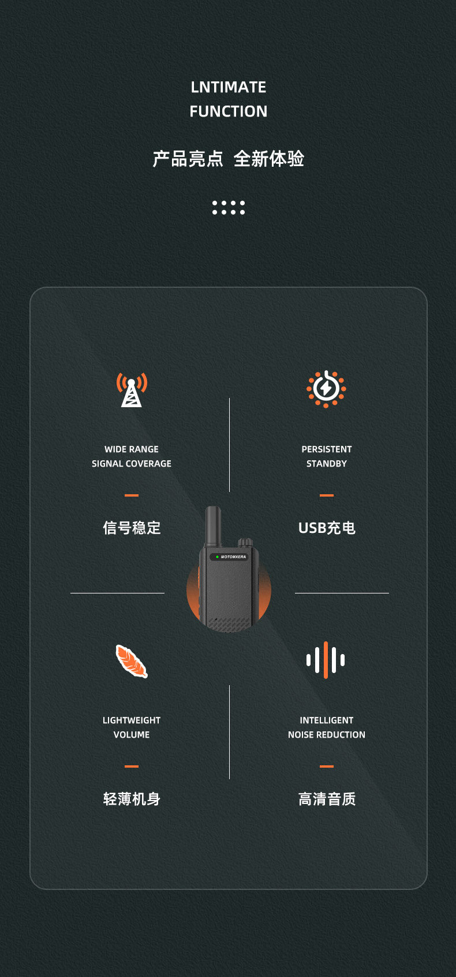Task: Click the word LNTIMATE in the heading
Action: pyautogui.click(x=228, y=87)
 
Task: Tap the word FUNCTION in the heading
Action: pyautogui.click(x=228, y=111)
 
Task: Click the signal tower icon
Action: pyautogui.click(x=132, y=389)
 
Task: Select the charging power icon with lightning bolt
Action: pyautogui.click(x=326, y=389)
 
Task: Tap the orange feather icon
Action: pyautogui.click(x=132, y=661)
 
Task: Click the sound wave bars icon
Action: pyautogui.click(x=326, y=660)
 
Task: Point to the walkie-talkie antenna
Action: pyautogui.click(x=213, y=526)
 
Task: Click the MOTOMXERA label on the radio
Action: pyautogui.click(x=233, y=557)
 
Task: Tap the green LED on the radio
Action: pyautogui.click(x=217, y=557)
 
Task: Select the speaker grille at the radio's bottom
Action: pyautogui.click(x=229, y=624)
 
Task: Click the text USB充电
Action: pyautogui.click(x=326, y=528)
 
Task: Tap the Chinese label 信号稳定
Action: pyautogui.click(x=132, y=528)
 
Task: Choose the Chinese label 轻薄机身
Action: pyautogui.click(x=132, y=799)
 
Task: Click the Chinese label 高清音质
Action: pyautogui.click(x=326, y=799)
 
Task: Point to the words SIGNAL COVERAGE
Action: pyautogui.click(x=132, y=464)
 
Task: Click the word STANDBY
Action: pyautogui.click(x=326, y=464)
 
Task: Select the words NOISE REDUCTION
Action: pyautogui.click(x=326, y=735)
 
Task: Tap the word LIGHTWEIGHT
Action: pyautogui.click(x=132, y=720)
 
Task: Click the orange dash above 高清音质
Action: pyautogui.click(x=326, y=766)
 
